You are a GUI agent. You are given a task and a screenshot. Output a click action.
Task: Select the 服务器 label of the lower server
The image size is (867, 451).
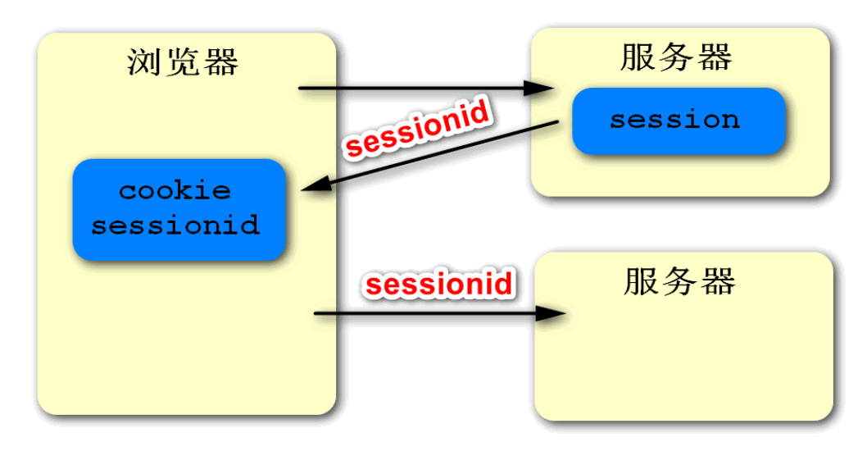[x=679, y=281]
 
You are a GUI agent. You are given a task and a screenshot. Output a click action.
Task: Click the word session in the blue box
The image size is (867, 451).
[x=674, y=120]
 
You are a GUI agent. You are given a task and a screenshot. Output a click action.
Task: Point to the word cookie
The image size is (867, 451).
[x=175, y=191]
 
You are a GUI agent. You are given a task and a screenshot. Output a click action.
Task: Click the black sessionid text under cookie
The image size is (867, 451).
[x=175, y=225]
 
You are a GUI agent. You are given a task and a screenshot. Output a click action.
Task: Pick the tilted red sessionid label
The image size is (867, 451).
[x=418, y=128]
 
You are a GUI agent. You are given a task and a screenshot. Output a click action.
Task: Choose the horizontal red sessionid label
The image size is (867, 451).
[x=439, y=285]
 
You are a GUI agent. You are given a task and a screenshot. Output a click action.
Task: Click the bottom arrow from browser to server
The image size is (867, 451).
[x=434, y=313]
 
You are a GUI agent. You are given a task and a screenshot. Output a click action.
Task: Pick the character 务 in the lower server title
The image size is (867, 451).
[x=679, y=281]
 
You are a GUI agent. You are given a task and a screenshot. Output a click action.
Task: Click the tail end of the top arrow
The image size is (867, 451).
[x=302, y=88]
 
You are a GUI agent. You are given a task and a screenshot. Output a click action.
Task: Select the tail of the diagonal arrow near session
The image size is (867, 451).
[x=557, y=124]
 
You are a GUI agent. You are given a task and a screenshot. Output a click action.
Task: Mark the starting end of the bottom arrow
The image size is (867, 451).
[x=318, y=313]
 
